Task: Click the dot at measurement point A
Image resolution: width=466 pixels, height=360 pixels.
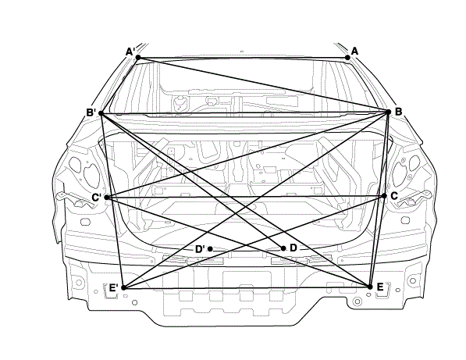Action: click(347, 57)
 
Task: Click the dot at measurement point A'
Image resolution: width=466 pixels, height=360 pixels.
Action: click(138, 57)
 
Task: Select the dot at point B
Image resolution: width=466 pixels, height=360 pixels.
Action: click(388, 112)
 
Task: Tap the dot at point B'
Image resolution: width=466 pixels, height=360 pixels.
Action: click(101, 113)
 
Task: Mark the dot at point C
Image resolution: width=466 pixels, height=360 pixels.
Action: click(384, 196)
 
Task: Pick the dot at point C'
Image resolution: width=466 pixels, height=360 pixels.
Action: click(107, 198)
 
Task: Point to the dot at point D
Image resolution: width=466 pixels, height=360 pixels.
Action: click(283, 248)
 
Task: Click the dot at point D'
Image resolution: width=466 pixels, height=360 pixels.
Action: click(210, 249)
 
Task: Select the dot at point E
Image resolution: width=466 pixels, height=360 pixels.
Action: click(370, 287)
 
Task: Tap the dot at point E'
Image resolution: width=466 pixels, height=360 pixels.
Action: click(124, 287)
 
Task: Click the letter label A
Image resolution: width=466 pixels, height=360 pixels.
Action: click(354, 51)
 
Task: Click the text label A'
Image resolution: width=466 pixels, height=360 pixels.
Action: click(130, 52)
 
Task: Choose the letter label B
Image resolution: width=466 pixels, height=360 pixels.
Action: click(399, 112)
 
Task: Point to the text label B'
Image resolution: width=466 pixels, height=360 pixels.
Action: click(91, 112)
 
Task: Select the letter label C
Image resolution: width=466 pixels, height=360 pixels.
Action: click(394, 196)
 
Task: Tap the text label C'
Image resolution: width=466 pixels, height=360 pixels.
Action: click(96, 198)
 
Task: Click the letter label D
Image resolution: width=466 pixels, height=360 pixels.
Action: click(293, 248)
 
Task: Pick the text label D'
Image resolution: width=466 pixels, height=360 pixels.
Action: click(200, 249)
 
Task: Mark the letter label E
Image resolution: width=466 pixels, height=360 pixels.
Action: click(380, 287)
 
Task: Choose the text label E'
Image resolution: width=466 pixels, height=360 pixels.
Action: click(114, 287)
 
